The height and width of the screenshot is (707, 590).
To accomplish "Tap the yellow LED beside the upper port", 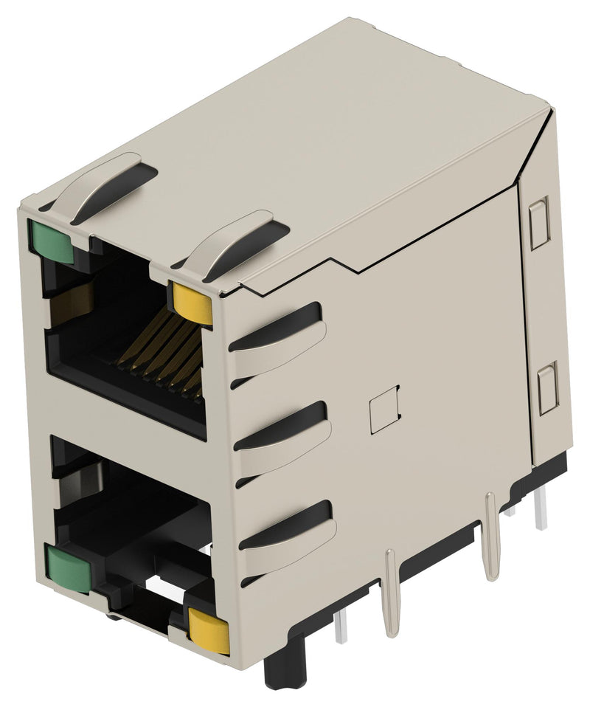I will [x=193, y=302].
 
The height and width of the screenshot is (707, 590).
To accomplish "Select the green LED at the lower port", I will [x=69, y=568].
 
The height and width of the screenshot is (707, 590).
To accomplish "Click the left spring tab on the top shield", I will [x=103, y=184].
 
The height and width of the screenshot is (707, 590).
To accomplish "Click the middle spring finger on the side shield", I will [x=283, y=438].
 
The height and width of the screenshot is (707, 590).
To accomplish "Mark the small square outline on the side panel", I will [x=384, y=409].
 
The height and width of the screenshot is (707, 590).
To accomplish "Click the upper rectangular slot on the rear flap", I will [x=540, y=223].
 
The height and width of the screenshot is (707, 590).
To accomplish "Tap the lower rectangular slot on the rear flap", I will [x=548, y=388].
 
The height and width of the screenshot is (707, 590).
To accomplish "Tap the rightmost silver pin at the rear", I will [x=541, y=510].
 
